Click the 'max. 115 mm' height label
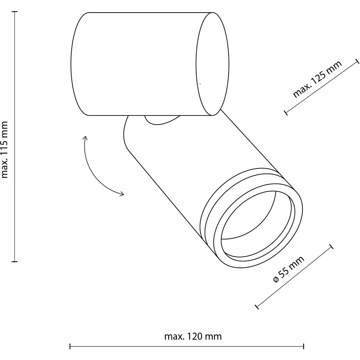pyautogui.click(x=5, y=150)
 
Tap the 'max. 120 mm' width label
pyautogui.click(x=193, y=337)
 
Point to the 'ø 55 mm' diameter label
pyautogui.click(x=289, y=269)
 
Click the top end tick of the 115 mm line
pyautogui.click(x=15, y=11)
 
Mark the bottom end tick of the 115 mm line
pyautogui.click(x=15, y=261)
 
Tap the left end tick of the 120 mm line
pyautogui.click(x=70, y=346)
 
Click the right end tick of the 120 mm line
pyautogui.click(x=303, y=346)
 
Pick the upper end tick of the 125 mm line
pyautogui.click(x=357, y=61)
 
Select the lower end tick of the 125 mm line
pyautogui.click(x=286, y=112)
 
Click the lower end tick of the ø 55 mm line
pyautogui.click(x=257, y=306)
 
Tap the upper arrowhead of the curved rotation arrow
pyautogui.click(x=86, y=137)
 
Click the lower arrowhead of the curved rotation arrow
pyautogui.click(x=122, y=194)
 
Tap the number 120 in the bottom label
pyautogui.click(x=195, y=337)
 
